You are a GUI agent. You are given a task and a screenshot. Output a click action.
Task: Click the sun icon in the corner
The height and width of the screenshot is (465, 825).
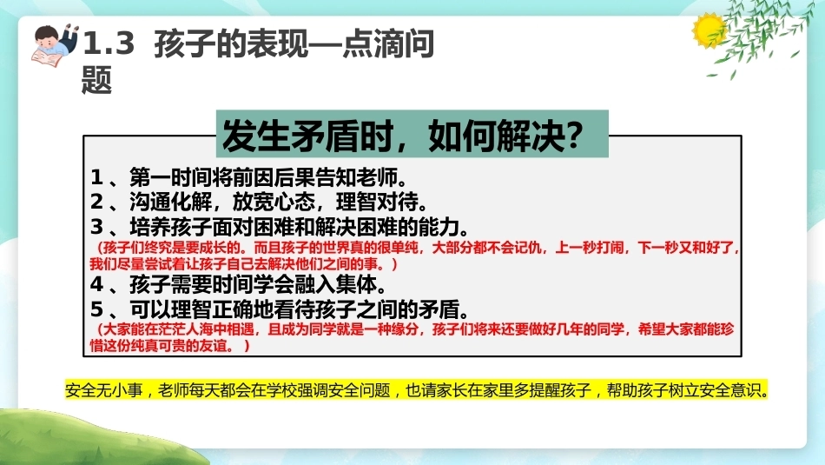point(709,30)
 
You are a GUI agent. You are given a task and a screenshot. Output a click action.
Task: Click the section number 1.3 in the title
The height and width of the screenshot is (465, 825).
point(109,43)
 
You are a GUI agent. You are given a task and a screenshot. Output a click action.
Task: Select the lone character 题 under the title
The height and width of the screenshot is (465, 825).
point(96,80)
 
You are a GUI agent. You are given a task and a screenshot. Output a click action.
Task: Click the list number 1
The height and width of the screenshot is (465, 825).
point(96,177)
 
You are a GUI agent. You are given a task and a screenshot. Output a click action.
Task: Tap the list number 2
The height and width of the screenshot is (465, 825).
point(96,202)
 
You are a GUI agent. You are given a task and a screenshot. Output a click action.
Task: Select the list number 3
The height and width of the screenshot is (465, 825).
point(96,227)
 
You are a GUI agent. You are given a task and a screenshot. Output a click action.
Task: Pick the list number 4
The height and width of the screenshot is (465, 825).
point(96,284)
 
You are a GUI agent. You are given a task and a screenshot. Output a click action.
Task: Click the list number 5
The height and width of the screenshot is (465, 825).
point(96,309)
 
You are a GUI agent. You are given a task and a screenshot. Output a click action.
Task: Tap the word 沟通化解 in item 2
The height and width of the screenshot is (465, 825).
point(170,202)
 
